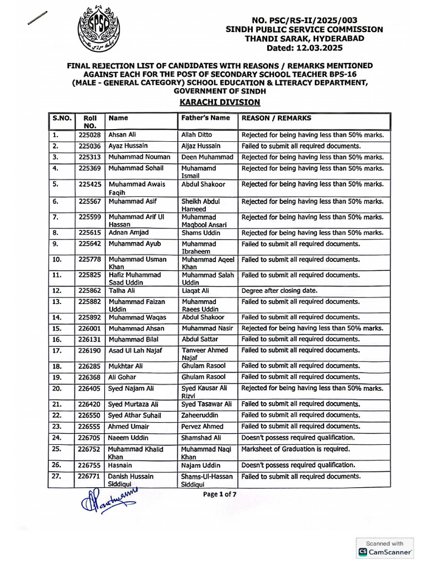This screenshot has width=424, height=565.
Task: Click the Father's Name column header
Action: point(206,118)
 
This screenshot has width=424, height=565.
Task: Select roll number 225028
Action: point(89,135)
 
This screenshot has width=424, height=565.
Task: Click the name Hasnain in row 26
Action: point(121,465)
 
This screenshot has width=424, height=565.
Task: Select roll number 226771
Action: point(89,476)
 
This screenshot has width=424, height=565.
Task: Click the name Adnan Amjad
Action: point(128,233)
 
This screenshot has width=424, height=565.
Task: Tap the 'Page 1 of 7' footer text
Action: point(220,494)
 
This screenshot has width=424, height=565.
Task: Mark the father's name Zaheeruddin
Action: point(200,415)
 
